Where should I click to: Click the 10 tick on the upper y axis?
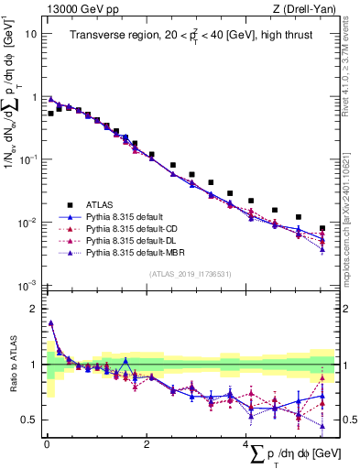click(x=31, y=34)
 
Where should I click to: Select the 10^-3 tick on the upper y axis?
click(x=29, y=287)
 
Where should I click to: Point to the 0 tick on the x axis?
click(x=47, y=444)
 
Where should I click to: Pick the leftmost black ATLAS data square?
click(x=50, y=114)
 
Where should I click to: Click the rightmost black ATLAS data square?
click(x=322, y=228)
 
